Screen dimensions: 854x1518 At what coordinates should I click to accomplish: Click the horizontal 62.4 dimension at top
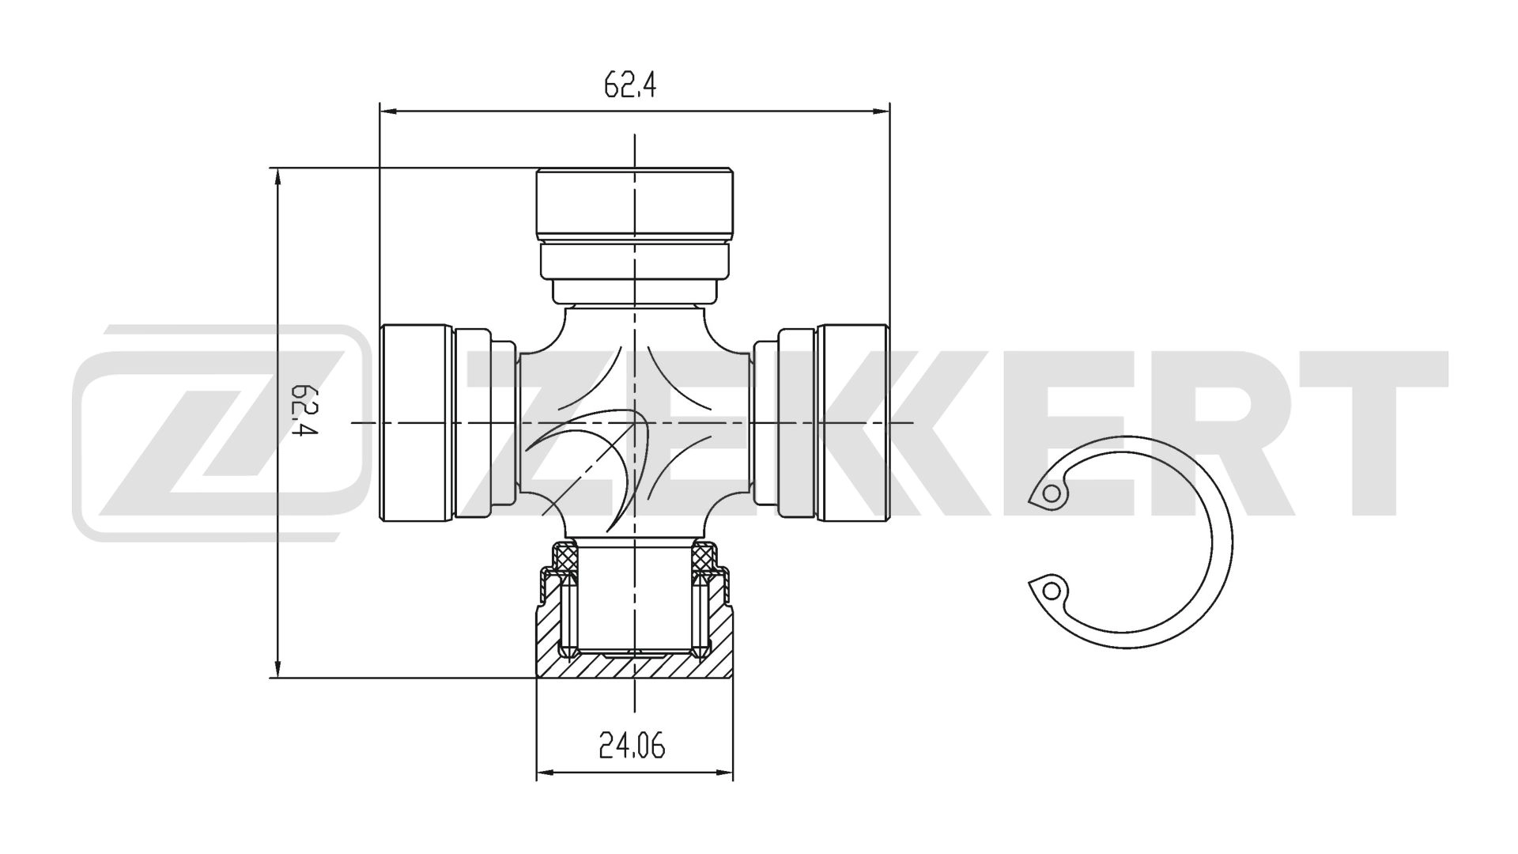pos(630,84)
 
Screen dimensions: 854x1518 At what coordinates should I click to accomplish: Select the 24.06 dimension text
pos(632,746)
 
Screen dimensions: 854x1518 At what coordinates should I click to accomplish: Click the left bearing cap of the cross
pos(417,423)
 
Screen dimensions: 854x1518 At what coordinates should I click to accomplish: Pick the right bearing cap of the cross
pos(854,423)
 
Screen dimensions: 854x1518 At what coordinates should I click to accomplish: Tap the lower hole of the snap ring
pos(1051,590)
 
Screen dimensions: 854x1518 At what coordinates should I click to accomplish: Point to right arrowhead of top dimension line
pos(881,112)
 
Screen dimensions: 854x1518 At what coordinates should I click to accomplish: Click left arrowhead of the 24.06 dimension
pos(546,773)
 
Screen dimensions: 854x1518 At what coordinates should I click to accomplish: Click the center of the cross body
pos(635,423)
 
